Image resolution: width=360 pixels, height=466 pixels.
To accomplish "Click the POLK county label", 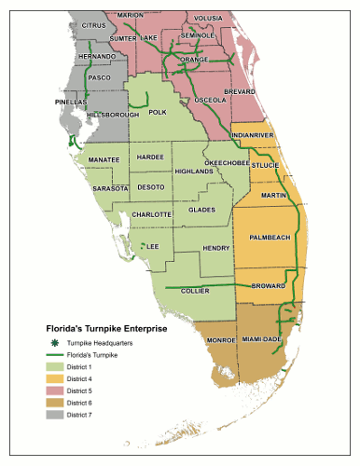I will point(158,112).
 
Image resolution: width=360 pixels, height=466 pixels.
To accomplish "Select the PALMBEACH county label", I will point(270,237).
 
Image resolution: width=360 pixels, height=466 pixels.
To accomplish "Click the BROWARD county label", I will point(269,285).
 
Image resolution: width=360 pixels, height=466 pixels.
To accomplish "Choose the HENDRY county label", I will point(215,248).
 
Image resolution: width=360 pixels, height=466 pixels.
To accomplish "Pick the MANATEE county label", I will point(104,159).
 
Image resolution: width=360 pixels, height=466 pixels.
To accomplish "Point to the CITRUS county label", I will point(94,24).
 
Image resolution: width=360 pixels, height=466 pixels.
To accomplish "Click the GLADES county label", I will point(201,210).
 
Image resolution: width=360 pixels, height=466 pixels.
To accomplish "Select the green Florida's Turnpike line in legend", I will point(54,356).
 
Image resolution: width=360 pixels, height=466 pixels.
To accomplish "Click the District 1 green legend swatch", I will point(54,367).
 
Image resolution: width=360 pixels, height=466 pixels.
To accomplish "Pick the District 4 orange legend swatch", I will point(54,378).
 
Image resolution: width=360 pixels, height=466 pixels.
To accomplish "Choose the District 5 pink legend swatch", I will point(54,390).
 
